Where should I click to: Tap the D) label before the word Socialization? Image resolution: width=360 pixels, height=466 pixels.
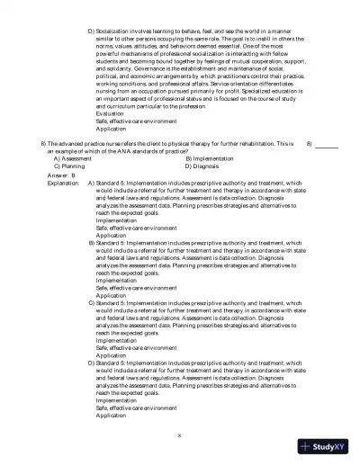click(x=91, y=31)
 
